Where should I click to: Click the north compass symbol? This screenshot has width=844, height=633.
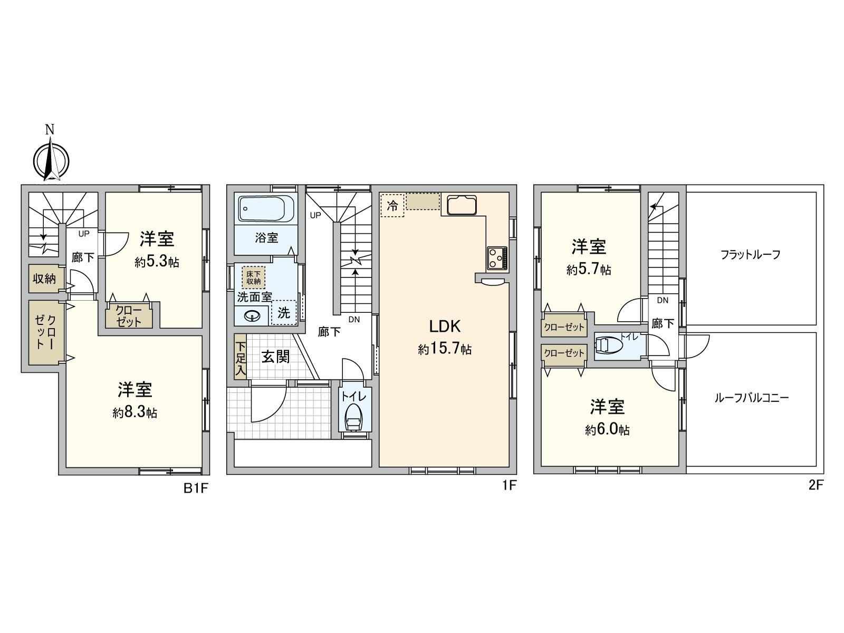(51, 158)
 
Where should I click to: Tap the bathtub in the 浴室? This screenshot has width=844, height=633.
(266, 209)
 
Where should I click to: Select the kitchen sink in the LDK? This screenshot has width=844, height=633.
(462, 205)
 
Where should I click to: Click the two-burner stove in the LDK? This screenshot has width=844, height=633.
(497, 258)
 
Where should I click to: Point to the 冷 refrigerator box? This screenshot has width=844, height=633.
(392, 205)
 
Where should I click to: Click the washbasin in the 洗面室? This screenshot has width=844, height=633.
(254, 316)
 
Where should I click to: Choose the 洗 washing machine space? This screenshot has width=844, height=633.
(284, 312)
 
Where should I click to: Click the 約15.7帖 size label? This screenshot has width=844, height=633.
(445, 349)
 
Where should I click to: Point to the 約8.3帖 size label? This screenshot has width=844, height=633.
(135, 413)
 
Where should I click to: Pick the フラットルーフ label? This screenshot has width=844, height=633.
(750, 255)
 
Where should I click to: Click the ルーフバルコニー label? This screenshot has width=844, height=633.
(751, 398)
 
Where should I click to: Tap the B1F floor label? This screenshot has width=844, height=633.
(196, 488)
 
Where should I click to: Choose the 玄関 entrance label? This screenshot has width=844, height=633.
(276, 357)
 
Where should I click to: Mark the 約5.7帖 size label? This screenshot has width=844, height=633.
(589, 270)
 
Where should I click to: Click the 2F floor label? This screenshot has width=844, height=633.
(816, 485)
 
